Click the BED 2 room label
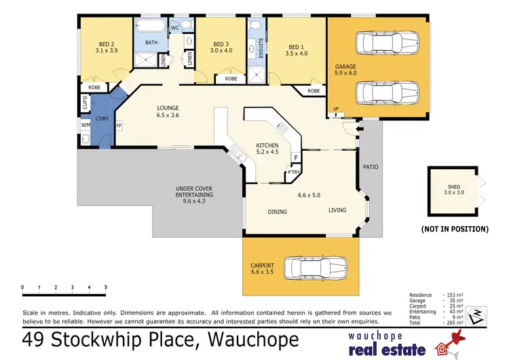click(107, 42)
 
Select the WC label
click(174, 28)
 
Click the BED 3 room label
click(221, 42)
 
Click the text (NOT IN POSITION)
click(455, 230)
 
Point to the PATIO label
click(371, 166)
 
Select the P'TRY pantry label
click(294, 173)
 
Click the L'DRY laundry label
click(102, 120)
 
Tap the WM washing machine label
click(86, 126)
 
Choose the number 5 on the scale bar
click(105, 287)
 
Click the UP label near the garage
click(336, 109)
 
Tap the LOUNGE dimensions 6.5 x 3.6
click(168, 115)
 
